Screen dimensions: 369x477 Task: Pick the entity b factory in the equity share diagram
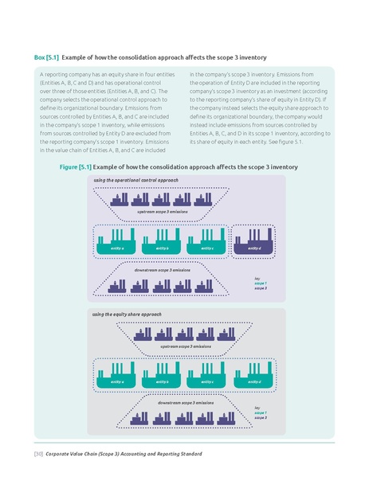point(163,371)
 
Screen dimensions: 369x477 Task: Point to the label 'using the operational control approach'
point(136,181)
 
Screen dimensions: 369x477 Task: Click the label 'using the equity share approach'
point(128,315)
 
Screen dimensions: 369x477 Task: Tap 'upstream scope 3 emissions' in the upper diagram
point(163,212)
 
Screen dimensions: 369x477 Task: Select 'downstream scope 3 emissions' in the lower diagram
point(185,403)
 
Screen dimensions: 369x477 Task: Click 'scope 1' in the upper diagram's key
point(261,283)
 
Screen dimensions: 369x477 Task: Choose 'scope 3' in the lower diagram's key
point(261,418)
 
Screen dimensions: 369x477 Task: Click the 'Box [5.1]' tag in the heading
point(45,59)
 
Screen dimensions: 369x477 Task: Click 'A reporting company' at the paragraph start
point(65,74)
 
